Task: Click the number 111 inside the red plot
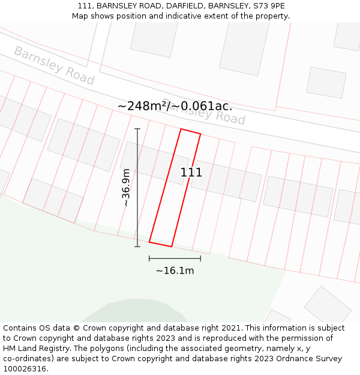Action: pyautogui.click(x=191, y=173)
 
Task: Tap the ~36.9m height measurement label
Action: pyautogui.click(x=126, y=187)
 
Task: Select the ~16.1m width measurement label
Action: pyautogui.click(x=175, y=271)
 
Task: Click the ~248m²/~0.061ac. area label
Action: pyautogui.click(x=175, y=106)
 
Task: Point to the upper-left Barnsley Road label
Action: pyautogui.click(x=54, y=65)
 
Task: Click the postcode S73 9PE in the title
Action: pyautogui.click(x=269, y=6)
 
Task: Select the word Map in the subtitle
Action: pyautogui.click(x=81, y=16)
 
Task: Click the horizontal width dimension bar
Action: pyautogui.click(x=175, y=258)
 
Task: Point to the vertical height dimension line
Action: pyautogui.click(x=137, y=187)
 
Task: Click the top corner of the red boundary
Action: pyautogui.click(x=181, y=129)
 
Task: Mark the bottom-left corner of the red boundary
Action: pyautogui.click(x=149, y=242)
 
